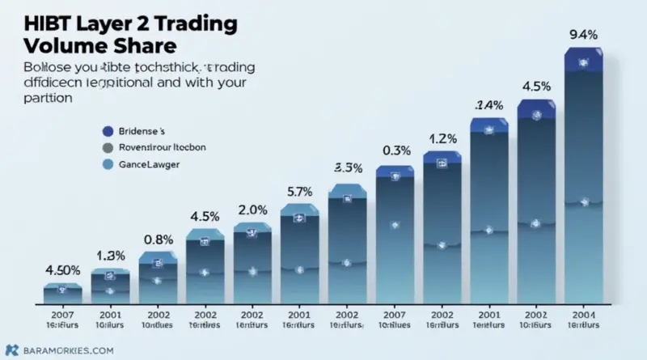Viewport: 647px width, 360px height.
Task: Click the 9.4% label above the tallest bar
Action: tap(584, 35)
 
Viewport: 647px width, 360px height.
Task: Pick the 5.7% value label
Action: tap(299, 192)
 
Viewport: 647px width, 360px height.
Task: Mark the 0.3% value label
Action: tap(395, 150)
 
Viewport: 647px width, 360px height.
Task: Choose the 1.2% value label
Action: tap(442, 137)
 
